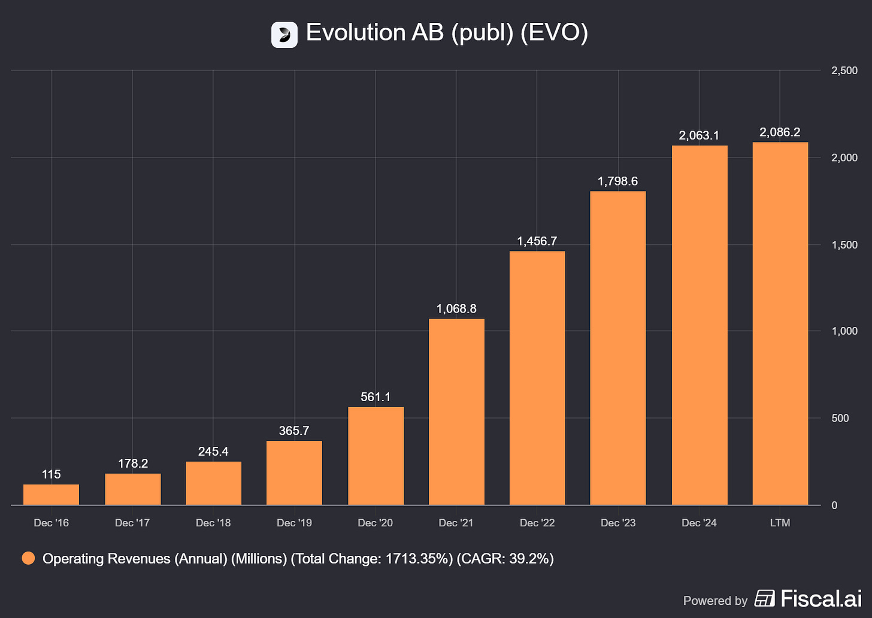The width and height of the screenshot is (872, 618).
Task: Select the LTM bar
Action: [780, 323]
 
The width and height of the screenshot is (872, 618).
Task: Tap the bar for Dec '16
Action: [52, 495]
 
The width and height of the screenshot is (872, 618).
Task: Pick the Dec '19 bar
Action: [294, 473]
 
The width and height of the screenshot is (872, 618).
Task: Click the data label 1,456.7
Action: [537, 241]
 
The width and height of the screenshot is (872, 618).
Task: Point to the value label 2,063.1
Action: [699, 135]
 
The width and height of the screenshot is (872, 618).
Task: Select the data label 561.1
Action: [376, 397]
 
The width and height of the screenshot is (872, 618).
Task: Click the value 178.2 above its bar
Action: [132, 463]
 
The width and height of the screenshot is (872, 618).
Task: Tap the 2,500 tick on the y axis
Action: [844, 71]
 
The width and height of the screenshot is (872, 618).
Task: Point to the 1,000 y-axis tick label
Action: [844, 331]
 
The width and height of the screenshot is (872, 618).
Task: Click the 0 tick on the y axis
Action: [834, 505]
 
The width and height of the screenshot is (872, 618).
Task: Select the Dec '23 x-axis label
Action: [618, 523]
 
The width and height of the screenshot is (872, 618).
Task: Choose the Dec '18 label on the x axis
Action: [213, 523]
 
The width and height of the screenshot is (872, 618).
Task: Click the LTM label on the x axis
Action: [780, 523]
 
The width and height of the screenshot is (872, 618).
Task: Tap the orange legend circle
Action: [28, 559]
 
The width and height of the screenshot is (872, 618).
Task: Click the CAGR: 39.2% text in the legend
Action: [505, 559]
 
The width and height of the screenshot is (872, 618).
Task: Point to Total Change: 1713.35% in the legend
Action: [372, 559]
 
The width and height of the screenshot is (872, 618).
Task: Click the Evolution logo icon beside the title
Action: [284, 34]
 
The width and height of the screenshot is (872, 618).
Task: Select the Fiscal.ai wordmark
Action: [820, 598]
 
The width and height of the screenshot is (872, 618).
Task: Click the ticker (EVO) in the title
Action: [554, 33]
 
